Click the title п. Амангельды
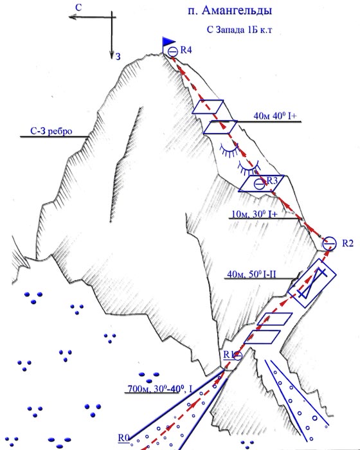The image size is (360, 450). tap(230, 11)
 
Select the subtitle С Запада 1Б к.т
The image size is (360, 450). tap(239, 30)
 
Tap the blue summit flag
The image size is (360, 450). tap(168, 42)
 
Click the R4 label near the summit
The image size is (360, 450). tap(186, 50)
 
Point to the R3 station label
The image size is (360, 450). tap(273, 181)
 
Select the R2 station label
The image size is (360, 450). tap(348, 243)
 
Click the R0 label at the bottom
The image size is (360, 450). tap(123, 438)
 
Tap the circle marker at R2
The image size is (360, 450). tap(329, 244)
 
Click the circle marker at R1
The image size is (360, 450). tap(238, 355)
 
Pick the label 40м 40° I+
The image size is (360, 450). tap(275, 116)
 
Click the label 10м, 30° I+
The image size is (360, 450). tap(255, 214)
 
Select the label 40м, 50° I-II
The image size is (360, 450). tap(251, 274)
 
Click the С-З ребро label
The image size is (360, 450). tap(51, 131)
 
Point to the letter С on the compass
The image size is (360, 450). tap(78, 8)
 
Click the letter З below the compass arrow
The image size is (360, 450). tap(118, 57)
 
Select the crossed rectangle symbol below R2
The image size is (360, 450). tap(312, 283)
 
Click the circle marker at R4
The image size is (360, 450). tap(173, 52)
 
